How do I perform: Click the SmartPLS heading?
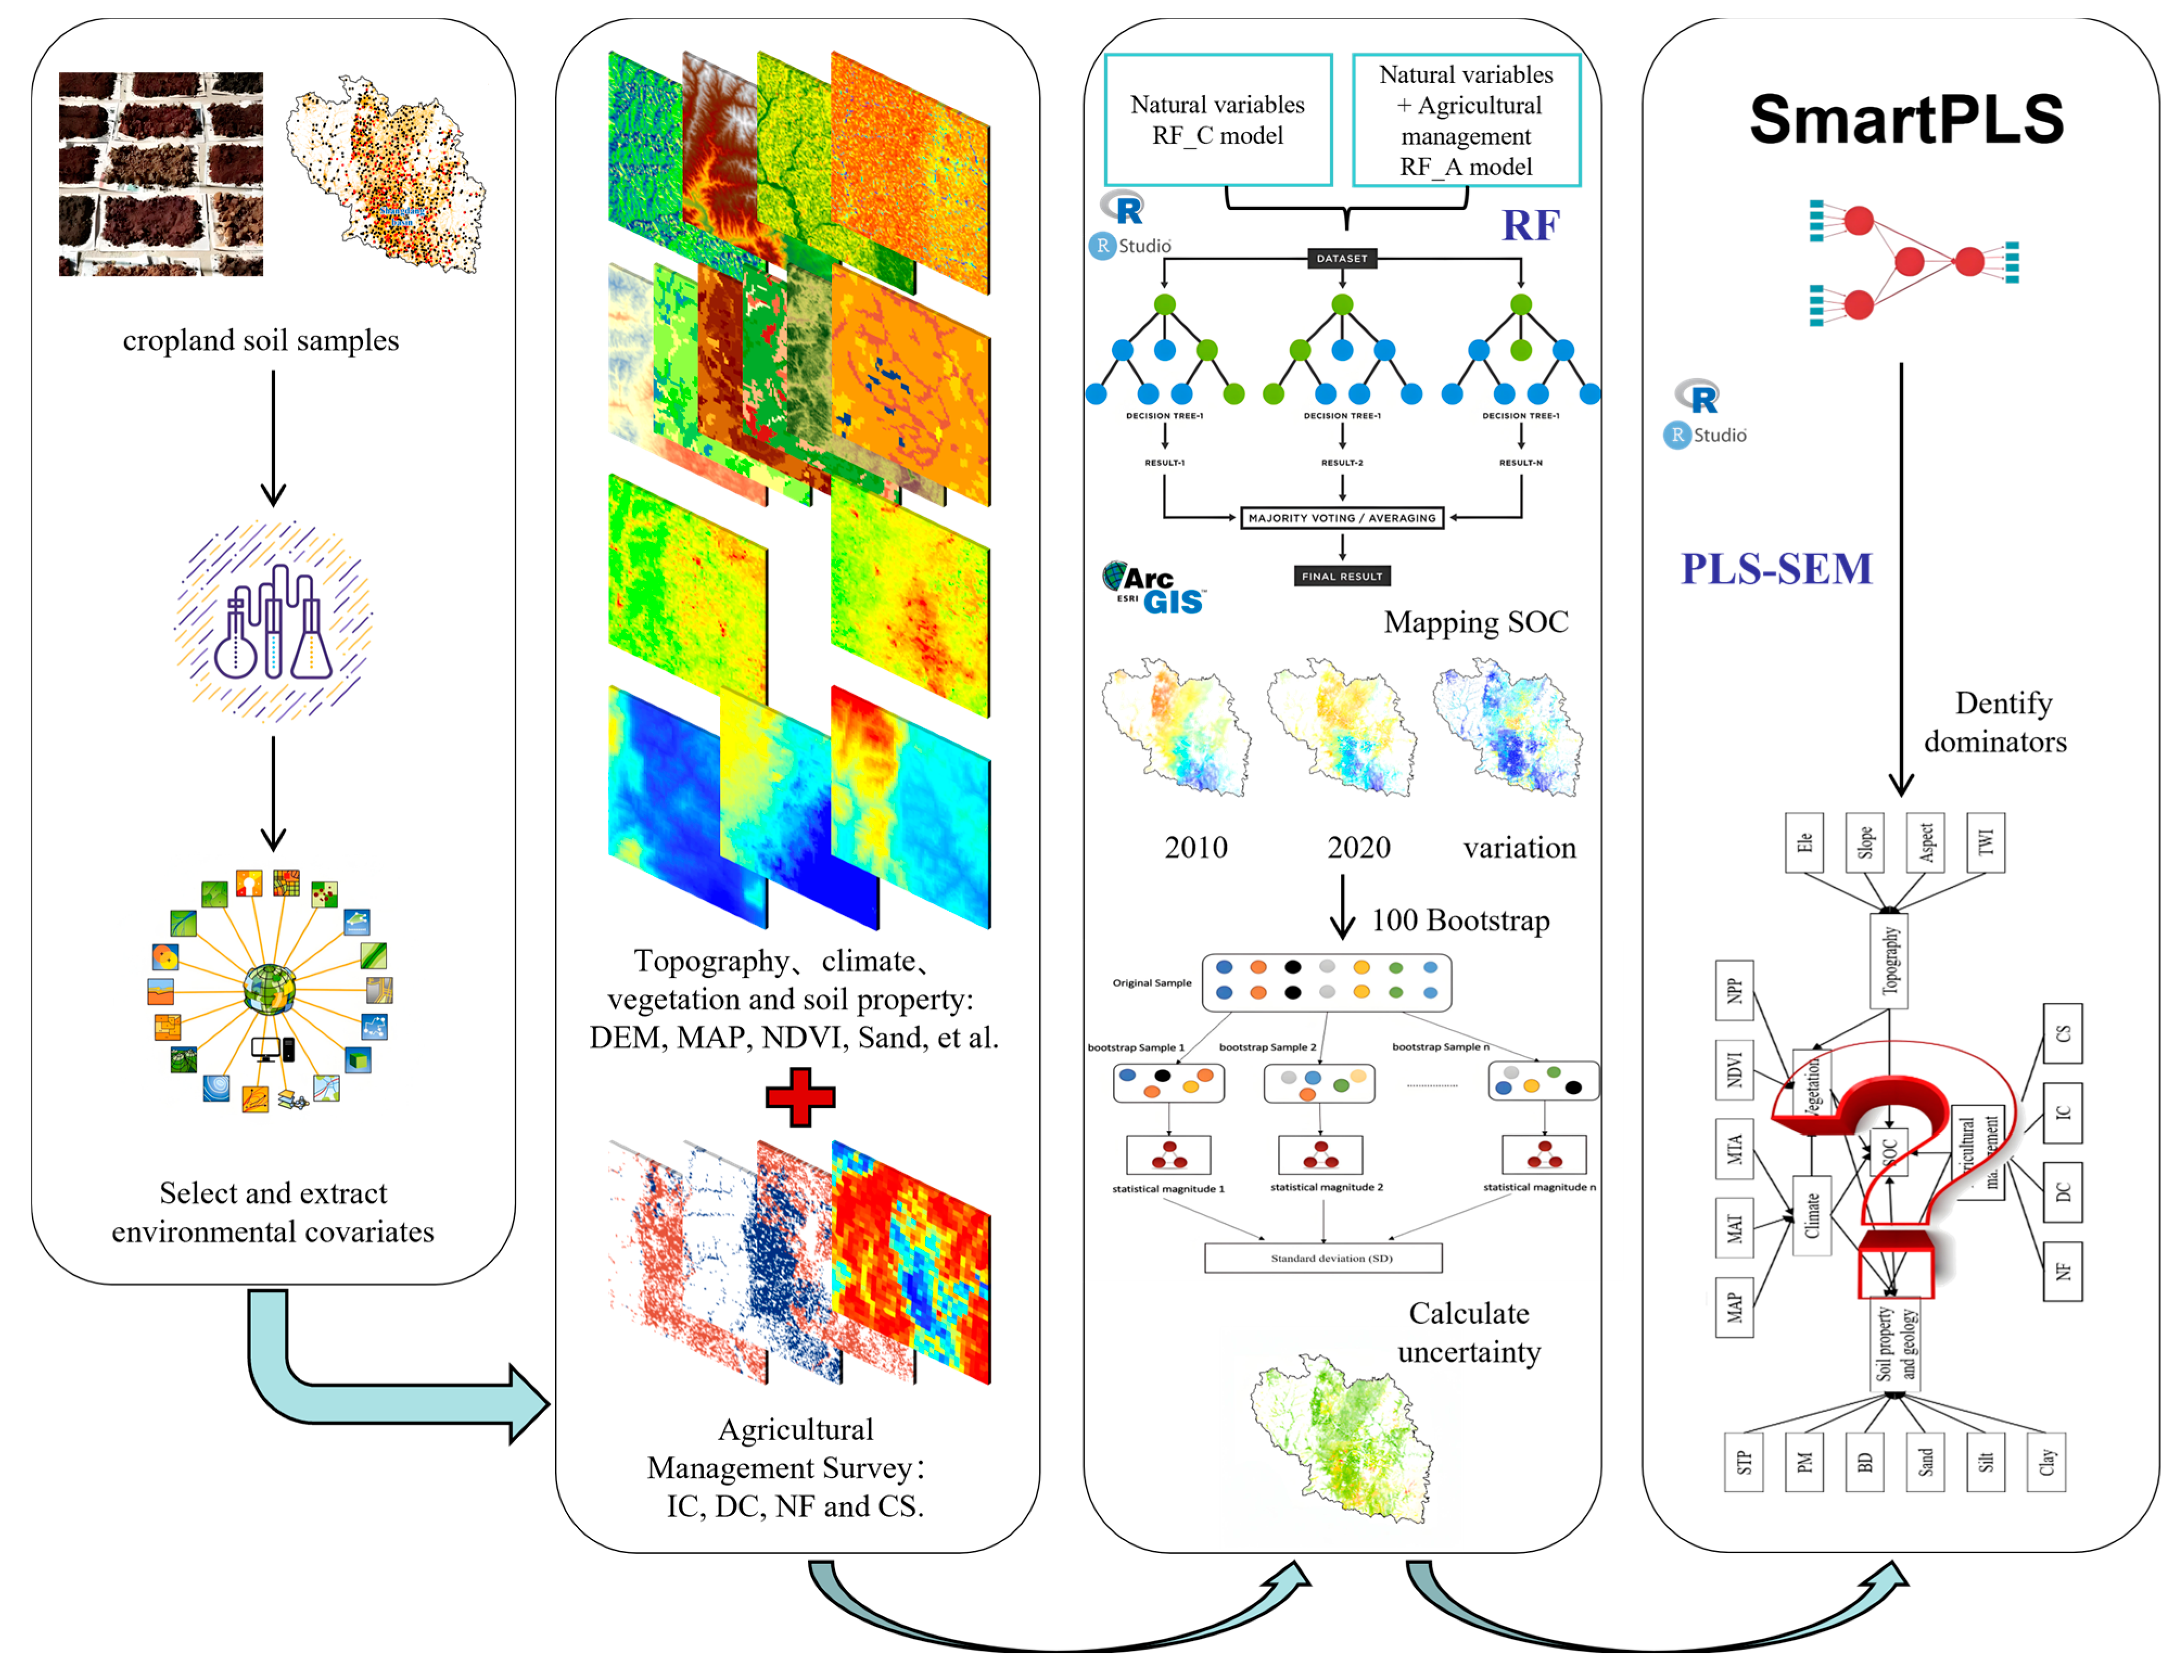coord(1905,118)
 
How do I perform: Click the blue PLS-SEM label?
coord(1776,569)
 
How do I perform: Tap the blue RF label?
coord(1530,226)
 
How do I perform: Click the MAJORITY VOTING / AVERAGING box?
coord(1341,518)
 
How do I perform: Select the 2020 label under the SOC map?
coord(1358,848)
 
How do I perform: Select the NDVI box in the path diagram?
coord(1734,1070)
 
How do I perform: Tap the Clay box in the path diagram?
coord(2046,1462)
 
